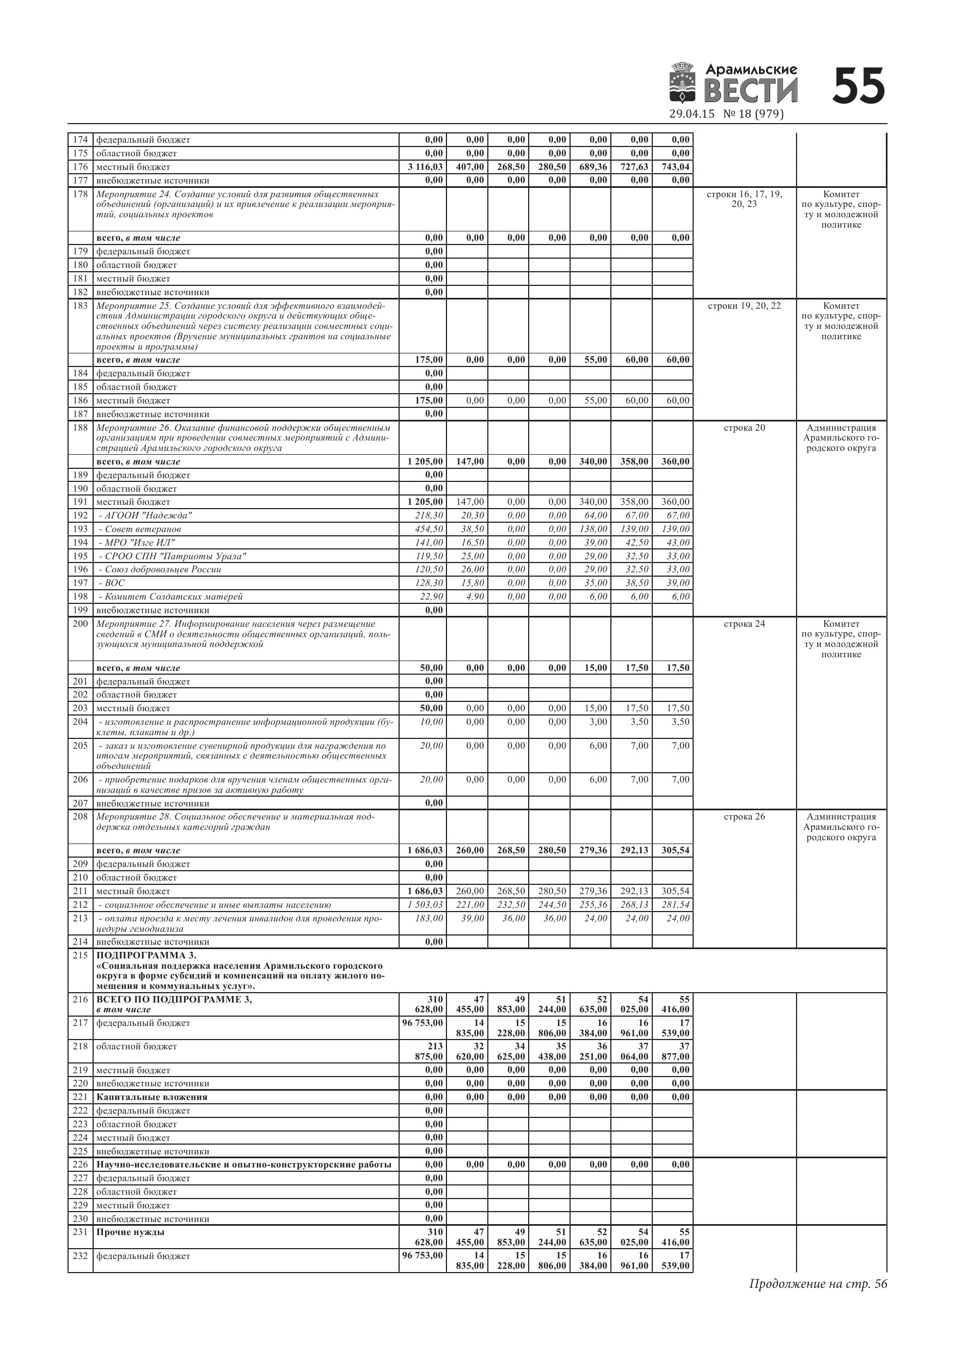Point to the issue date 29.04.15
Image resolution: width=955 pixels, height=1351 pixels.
point(691,114)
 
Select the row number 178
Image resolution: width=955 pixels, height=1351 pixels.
point(80,194)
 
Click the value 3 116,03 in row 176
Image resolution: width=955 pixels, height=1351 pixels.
point(425,167)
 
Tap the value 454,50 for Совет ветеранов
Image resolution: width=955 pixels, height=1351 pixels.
point(429,529)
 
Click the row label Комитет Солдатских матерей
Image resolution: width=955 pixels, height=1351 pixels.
point(171,597)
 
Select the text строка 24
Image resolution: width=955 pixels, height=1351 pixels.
point(744,623)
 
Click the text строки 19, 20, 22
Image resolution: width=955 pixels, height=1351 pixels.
point(744,306)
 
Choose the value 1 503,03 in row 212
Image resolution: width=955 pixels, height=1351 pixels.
point(425,905)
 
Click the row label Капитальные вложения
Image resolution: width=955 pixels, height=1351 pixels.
point(152,1097)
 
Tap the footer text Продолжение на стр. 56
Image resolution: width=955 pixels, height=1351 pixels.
point(818,1284)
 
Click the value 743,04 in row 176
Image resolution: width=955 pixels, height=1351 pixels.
point(675,167)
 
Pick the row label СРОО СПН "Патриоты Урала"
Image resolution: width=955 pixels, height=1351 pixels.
point(173,556)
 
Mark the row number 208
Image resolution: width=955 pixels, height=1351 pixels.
point(80,817)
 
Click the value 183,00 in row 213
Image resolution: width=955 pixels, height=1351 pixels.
point(429,919)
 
